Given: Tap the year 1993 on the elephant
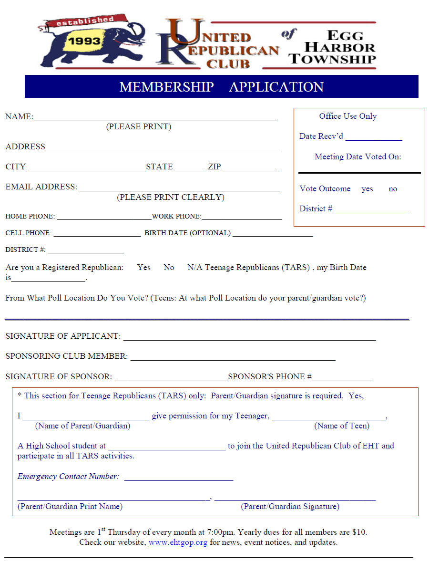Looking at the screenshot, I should (84, 41).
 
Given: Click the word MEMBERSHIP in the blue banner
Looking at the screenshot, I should (166, 87).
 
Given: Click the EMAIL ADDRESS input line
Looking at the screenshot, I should (180, 189).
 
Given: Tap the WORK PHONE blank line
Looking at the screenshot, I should (242, 219).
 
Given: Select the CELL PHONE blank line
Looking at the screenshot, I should (97, 235).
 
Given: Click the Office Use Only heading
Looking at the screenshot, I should (348, 116).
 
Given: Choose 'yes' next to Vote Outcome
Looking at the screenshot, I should (367, 189).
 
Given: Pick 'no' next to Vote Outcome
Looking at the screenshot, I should (393, 189).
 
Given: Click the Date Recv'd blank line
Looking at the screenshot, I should (374, 139).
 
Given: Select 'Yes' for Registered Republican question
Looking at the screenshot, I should (143, 267).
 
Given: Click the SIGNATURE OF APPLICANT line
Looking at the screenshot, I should (249, 338).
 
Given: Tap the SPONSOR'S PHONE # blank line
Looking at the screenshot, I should (342, 379).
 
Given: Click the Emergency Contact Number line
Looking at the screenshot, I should (179, 479).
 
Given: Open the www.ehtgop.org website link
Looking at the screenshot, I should (178, 542).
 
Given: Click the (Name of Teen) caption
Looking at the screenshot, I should (342, 426).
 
